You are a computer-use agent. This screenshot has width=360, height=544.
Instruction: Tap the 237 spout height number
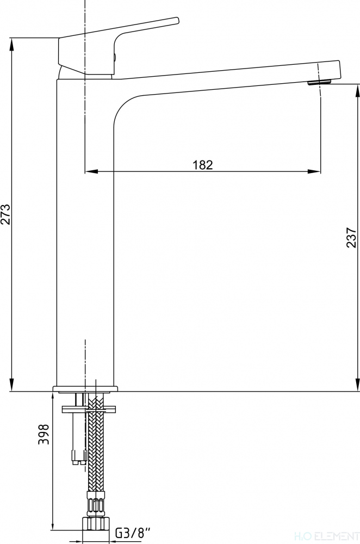coord(351,237)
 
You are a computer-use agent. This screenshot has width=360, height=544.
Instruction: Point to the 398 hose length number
coord(44,434)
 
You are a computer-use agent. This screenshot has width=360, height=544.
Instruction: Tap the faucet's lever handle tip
coord(177,20)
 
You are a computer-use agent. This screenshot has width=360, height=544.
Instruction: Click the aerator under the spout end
coord(319,82)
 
